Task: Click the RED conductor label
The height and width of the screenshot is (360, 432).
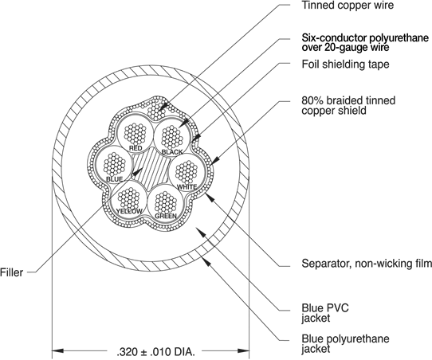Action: coord(135,148)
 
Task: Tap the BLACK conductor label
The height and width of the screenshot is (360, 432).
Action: coord(172,152)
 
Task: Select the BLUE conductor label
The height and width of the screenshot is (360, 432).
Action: coord(114,179)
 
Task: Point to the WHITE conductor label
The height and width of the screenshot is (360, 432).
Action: coord(187,187)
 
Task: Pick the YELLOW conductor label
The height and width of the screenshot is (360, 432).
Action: coord(129,211)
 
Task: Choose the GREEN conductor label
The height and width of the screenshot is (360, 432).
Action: coord(166,216)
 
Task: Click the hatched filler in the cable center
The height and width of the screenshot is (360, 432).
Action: coord(151,168)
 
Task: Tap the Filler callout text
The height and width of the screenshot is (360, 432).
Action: coord(11,272)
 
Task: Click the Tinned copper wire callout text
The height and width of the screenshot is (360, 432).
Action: coord(348,5)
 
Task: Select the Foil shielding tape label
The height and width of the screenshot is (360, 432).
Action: coord(345,65)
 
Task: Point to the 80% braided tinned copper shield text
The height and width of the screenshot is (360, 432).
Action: coord(348,105)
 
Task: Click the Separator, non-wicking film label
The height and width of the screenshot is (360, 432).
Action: coord(367,264)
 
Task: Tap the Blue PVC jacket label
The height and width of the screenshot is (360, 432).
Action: coord(325,313)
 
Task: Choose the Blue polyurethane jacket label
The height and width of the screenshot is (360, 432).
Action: coord(345,344)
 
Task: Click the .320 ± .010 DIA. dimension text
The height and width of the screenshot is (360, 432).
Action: coord(155,352)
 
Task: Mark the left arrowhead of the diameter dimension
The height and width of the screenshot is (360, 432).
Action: coord(58,351)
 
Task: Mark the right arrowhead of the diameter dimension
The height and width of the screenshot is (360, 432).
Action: coord(244,351)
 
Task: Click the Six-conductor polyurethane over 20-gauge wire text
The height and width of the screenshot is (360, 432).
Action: coord(365,43)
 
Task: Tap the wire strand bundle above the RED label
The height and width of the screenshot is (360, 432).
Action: coord(135,133)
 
